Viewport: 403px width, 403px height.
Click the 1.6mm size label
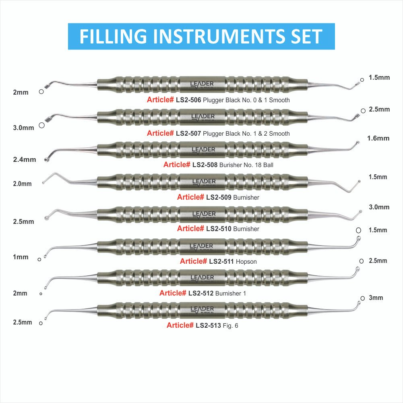pyautogui.click(x=378, y=138)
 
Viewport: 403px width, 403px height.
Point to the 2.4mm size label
pyautogui.click(x=24, y=159)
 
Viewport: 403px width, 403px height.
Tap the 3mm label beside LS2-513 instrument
pyautogui.click(x=376, y=298)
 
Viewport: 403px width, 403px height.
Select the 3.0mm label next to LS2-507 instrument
pyautogui.click(x=23, y=128)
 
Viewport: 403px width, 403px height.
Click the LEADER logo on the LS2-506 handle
pyautogui.click(x=202, y=84)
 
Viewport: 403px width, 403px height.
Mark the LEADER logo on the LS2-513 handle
pyautogui.click(x=202, y=309)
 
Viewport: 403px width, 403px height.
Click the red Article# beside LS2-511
pyautogui.click(x=193, y=261)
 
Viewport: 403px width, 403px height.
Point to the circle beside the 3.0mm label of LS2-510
pyautogui.click(x=358, y=230)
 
